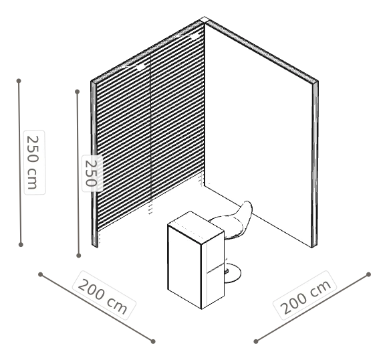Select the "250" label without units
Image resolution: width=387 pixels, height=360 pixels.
pos(91,173)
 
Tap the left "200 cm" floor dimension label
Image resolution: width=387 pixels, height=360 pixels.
pos(103,296)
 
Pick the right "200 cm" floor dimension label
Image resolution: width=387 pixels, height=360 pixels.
pos(305,296)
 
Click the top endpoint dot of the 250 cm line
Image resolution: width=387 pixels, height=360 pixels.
pos(19,81)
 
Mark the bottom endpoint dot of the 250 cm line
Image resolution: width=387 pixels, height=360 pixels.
pos(21,245)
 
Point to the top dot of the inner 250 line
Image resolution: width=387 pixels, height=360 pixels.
pos(78,92)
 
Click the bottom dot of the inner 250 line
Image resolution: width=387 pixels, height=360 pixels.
pos(78,256)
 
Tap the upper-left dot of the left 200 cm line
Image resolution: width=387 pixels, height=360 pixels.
pos(41,274)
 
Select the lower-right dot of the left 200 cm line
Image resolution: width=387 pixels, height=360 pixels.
pos(153,341)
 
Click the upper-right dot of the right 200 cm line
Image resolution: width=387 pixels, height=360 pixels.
pos(368,274)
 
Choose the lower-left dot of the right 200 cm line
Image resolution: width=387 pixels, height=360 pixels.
pos(256,341)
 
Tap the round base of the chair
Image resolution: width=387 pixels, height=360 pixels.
pos(232,272)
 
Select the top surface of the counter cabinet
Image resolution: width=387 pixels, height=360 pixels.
pos(195,226)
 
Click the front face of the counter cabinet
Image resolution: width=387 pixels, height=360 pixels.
pos(184,267)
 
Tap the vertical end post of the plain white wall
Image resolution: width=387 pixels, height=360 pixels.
pos(314,165)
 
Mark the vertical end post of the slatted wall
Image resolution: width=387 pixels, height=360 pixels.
pos(94,164)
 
